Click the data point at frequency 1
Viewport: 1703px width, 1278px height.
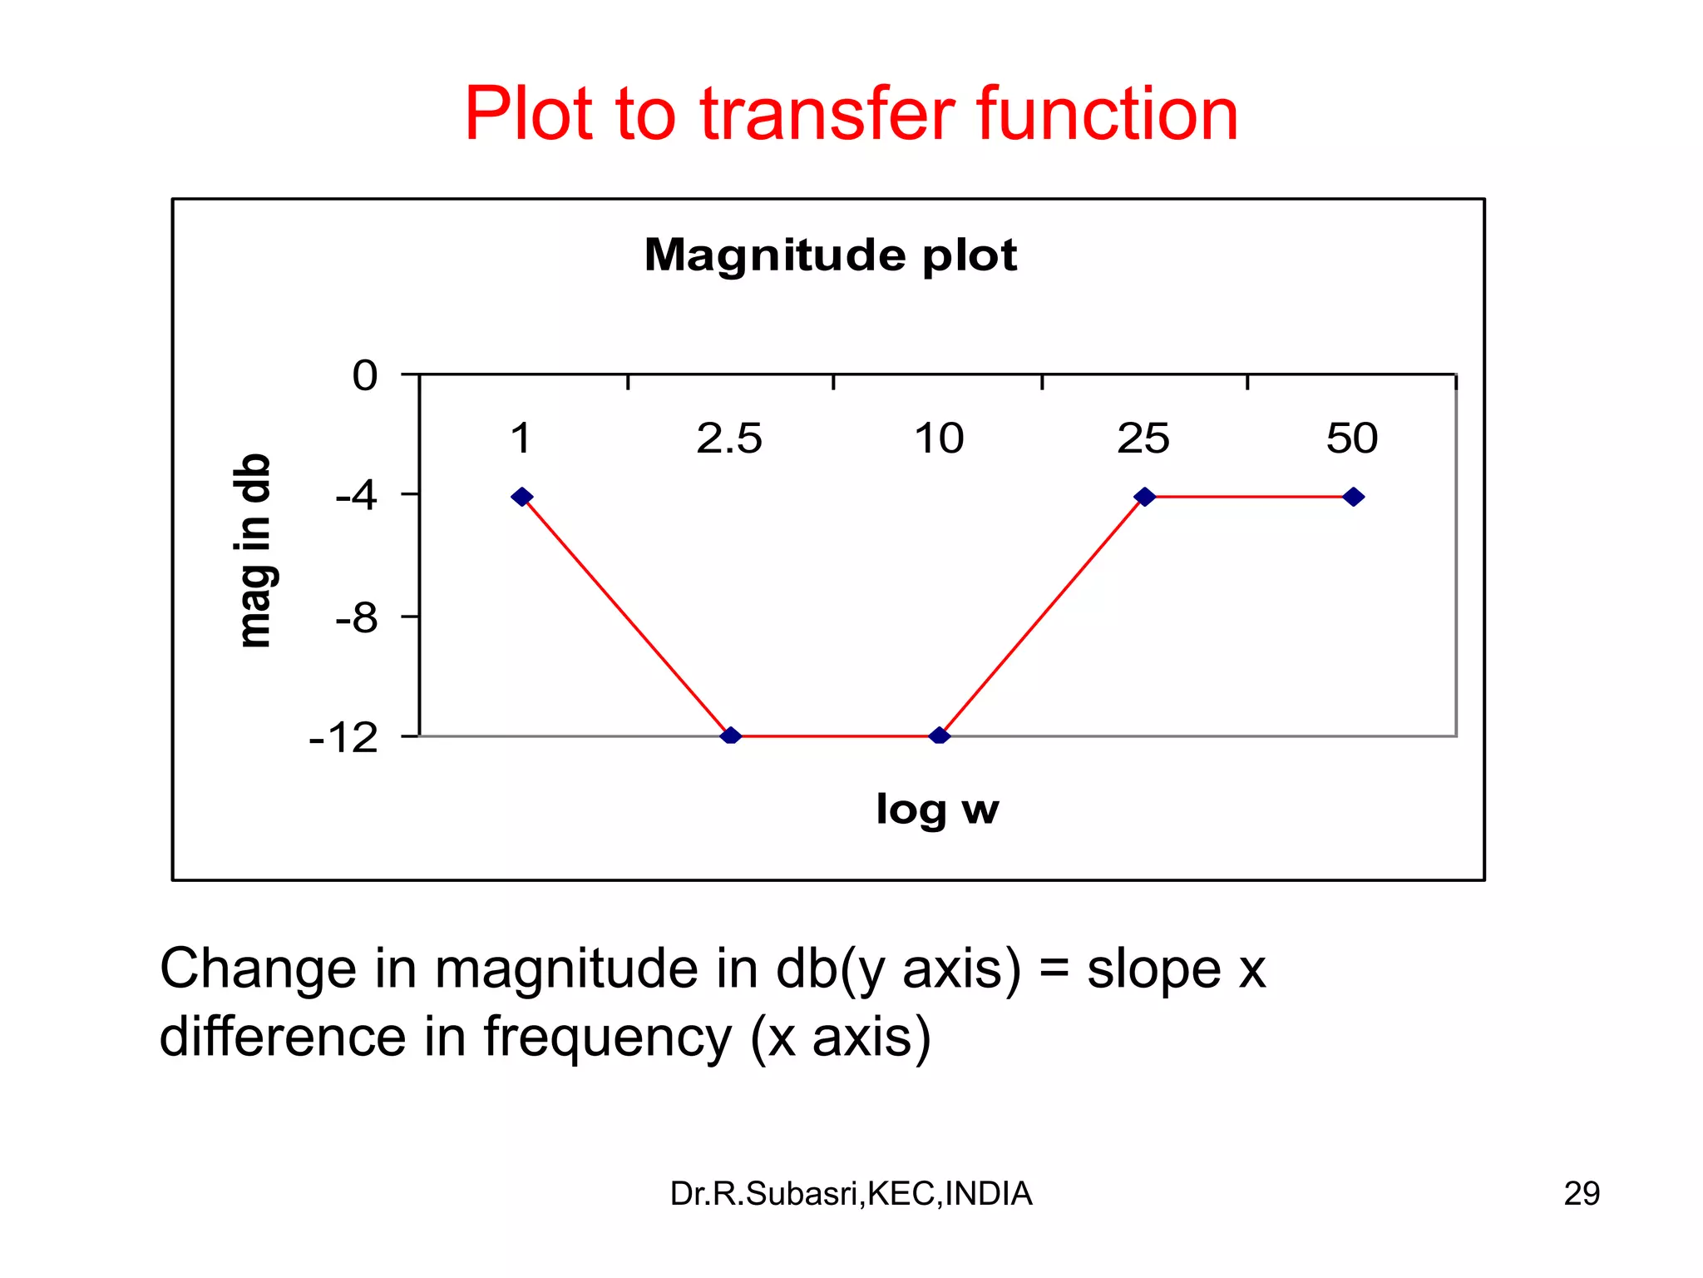521,497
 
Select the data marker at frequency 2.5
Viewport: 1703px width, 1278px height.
730,736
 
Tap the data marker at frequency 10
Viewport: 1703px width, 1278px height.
940,736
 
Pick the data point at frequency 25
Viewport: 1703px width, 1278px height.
1145,497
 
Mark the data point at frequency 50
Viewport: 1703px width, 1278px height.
1353,497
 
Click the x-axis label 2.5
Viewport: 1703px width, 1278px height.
728,438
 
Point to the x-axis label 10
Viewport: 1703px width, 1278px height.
939,438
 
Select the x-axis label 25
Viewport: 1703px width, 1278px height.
1143,438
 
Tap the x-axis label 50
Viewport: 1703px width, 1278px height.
1352,438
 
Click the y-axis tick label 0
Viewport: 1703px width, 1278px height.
365,376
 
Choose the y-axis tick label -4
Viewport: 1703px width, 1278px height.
357,497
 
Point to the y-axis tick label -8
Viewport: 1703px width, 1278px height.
357,618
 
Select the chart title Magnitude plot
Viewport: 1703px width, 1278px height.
830,255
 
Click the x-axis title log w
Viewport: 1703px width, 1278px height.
937,809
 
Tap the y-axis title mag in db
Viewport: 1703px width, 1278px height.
254,551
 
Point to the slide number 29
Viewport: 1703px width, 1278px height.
1581,1194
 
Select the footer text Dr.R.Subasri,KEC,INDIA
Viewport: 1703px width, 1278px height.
851,1194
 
